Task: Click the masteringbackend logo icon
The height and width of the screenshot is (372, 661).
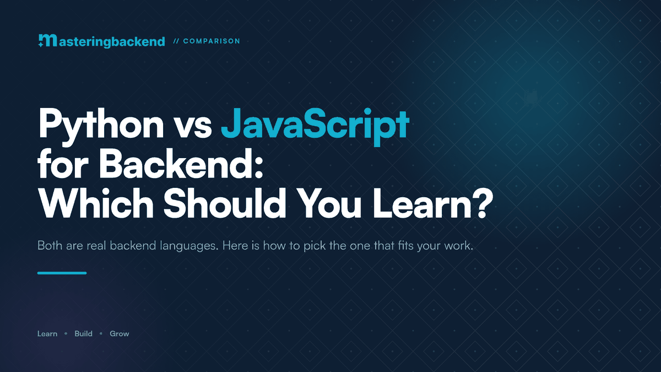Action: point(47,40)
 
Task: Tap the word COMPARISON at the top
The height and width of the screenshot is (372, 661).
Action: point(212,41)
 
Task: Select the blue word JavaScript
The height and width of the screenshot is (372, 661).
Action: point(315,126)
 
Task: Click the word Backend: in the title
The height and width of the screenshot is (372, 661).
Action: point(181,163)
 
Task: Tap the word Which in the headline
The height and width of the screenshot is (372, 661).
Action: point(96,203)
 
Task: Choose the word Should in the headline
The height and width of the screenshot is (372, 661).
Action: point(225,203)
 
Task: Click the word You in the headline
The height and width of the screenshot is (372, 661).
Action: point(328,204)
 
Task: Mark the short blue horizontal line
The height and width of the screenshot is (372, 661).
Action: point(62,273)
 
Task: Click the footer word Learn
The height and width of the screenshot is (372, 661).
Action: point(47,333)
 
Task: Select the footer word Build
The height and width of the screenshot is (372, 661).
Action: point(84,333)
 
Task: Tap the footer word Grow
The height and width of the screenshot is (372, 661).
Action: point(120,333)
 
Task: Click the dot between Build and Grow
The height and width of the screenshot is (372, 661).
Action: point(101,333)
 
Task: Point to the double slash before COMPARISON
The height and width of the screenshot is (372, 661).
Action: point(176,41)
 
